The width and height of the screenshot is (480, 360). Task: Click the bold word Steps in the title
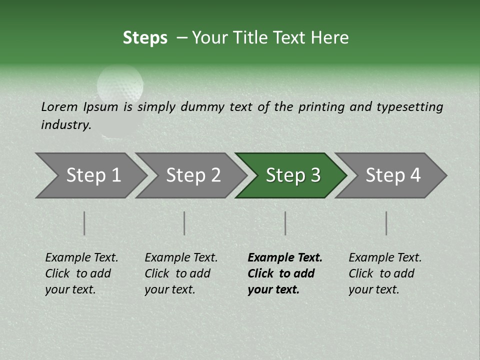tap(145, 38)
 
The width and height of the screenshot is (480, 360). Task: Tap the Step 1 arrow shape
tap(93, 175)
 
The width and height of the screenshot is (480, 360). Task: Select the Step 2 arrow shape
tap(193, 175)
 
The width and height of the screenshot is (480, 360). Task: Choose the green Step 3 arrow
tap(292, 175)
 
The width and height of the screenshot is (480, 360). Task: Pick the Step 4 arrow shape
tap(392, 175)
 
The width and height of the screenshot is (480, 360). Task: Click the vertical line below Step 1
tap(84, 223)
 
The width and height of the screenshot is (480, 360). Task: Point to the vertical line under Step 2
tap(184, 223)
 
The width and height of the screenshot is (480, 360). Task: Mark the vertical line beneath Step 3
tap(285, 223)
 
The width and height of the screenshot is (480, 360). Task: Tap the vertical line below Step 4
tap(386, 223)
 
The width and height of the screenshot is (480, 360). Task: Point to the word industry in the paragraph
tap(65, 124)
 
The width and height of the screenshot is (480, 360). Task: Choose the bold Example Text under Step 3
tap(285, 257)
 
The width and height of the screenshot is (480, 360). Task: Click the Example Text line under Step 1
tap(81, 257)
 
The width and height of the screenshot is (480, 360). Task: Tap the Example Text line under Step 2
tap(181, 257)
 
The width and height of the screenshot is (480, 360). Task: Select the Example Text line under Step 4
tap(385, 257)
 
